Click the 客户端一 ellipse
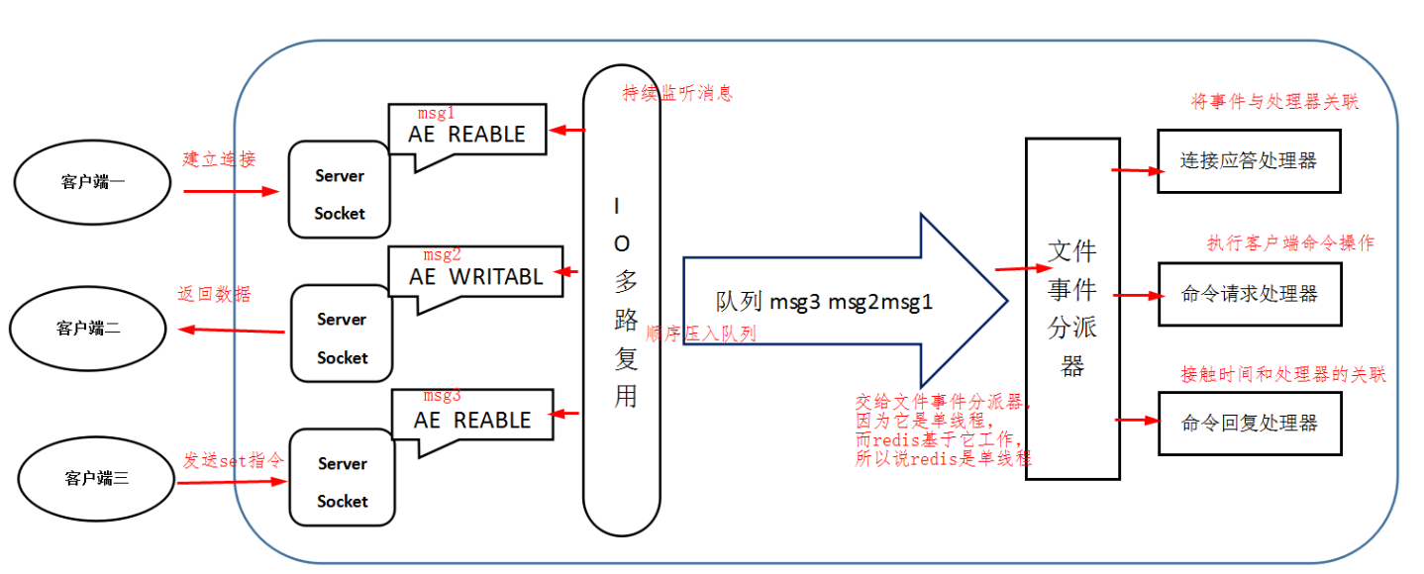pyautogui.click(x=92, y=182)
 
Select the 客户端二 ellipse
pyautogui.click(x=88, y=329)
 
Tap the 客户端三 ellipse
pyautogui.click(x=96, y=479)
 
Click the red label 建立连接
pyautogui.click(x=219, y=159)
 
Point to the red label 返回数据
pyautogui.click(x=214, y=295)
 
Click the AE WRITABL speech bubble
pyautogui.click(x=476, y=275)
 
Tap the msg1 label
pyautogui.click(x=436, y=113)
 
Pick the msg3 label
pyautogui.click(x=442, y=396)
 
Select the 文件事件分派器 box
pyautogui.click(x=1071, y=308)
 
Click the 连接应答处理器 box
pyautogui.click(x=1248, y=161)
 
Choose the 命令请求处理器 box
pyautogui.click(x=1250, y=294)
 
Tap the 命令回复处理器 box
pyautogui.click(x=1250, y=423)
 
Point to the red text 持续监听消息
pyautogui.click(x=677, y=94)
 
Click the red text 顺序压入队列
pyautogui.click(x=700, y=334)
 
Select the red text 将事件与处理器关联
pyautogui.click(x=1272, y=102)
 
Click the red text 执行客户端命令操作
pyautogui.click(x=1289, y=242)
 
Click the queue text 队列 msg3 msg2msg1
pyautogui.click(x=825, y=302)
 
